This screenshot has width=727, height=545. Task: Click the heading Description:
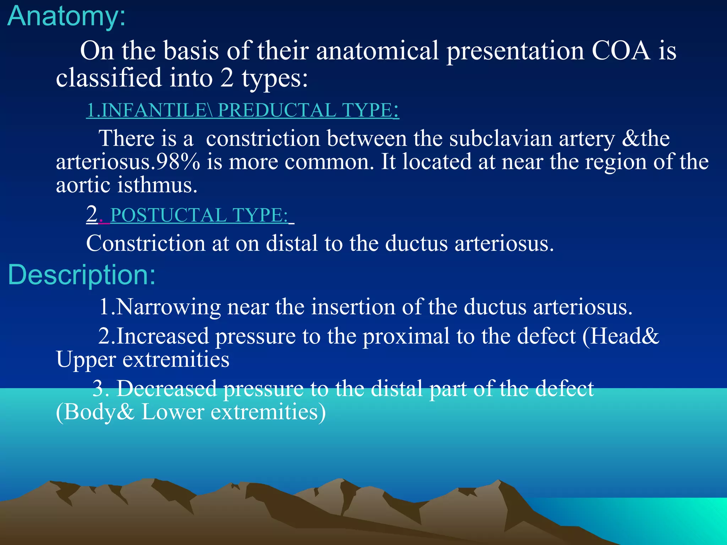82,275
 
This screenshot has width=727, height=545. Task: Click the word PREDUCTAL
277,110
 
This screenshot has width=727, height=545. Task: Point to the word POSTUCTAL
169,215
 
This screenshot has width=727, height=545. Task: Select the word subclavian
501,138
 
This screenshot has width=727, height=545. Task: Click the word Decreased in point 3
167,389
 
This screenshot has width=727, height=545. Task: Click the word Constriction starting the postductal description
146,244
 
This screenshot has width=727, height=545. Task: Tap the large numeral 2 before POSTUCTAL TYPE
92,214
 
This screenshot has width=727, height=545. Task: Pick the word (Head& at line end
621,336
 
